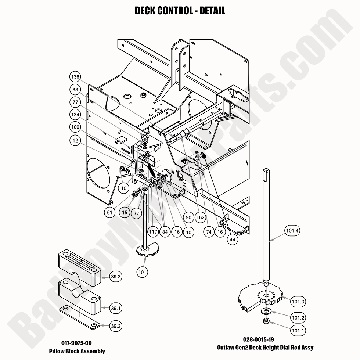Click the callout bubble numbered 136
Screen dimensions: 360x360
[75, 77]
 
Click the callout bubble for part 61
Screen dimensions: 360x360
[109, 212]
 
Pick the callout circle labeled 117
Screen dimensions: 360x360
[153, 232]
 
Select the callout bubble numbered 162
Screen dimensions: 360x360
[201, 217]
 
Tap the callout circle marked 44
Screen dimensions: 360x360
[233, 239]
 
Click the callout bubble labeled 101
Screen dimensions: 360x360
[143, 272]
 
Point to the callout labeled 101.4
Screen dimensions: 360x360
[292, 231]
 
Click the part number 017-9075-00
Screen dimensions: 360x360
[77, 343]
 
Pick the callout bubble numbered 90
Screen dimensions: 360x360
[188, 217]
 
